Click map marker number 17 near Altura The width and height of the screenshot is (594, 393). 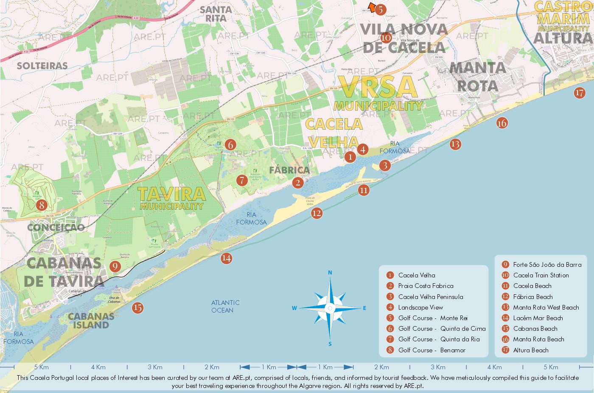(x=580, y=93)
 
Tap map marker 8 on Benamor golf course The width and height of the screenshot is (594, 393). (x=41, y=205)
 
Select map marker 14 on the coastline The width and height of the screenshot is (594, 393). (x=226, y=258)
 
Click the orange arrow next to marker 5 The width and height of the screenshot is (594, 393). (x=372, y=7)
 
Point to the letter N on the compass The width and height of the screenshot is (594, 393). (x=330, y=273)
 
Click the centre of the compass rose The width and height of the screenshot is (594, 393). (x=330, y=308)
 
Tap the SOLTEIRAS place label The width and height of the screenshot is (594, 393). (x=42, y=66)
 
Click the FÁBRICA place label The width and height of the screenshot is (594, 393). (x=289, y=170)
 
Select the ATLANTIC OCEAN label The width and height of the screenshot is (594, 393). (x=225, y=306)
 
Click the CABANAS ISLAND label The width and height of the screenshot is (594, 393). (x=91, y=321)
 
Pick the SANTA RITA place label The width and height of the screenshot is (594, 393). (x=216, y=14)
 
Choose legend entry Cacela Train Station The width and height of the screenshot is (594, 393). (x=541, y=275)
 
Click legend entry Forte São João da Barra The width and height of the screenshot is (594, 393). (x=547, y=265)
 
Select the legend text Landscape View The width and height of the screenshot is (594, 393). (x=420, y=307)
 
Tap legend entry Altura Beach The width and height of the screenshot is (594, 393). (x=530, y=350)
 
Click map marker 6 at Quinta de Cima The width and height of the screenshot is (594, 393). (x=230, y=145)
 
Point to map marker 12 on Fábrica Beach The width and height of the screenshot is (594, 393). (x=317, y=213)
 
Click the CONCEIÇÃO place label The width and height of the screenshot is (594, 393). (x=56, y=227)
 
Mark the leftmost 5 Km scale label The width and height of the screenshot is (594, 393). (x=42, y=367)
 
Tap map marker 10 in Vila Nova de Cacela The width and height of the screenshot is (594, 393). (x=386, y=38)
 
